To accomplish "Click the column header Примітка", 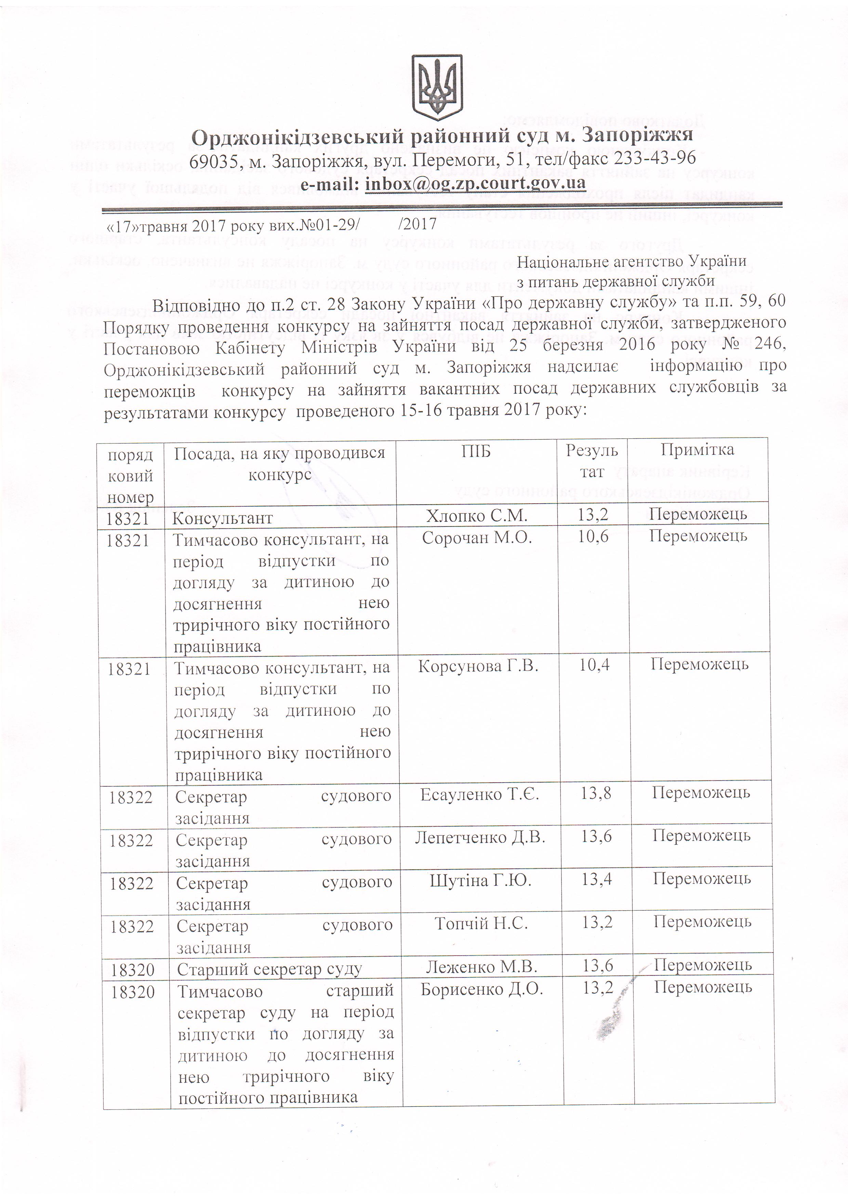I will click(x=697, y=450).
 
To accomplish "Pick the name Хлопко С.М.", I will click(x=477, y=516).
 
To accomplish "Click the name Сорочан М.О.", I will click(x=477, y=538).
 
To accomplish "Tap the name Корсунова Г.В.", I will click(x=478, y=666).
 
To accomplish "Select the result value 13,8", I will click(x=596, y=794).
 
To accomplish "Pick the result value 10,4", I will click(x=594, y=665).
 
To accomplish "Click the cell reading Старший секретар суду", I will click(x=269, y=970).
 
